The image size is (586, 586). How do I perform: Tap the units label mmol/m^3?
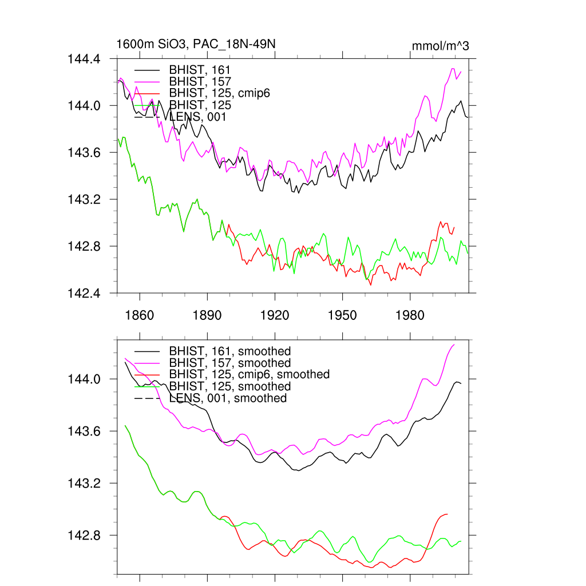pyautogui.click(x=440, y=46)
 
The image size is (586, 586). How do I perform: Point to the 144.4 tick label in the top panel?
pyautogui.click(x=85, y=59)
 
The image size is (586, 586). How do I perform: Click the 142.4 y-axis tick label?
pyautogui.click(x=85, y=293)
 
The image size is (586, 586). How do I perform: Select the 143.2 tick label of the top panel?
pyautogui.click(x=85, y=199)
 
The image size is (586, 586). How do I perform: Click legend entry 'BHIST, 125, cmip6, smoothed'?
pyautogui.click(x=250, y=374)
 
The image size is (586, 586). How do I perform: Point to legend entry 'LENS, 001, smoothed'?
pyautogui.click(x=228, y=398)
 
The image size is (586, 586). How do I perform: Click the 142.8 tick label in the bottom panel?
pyautogui.click(x=85, y=536)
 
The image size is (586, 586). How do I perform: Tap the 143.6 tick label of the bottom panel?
pyautogui.click(x=85, y=431)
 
